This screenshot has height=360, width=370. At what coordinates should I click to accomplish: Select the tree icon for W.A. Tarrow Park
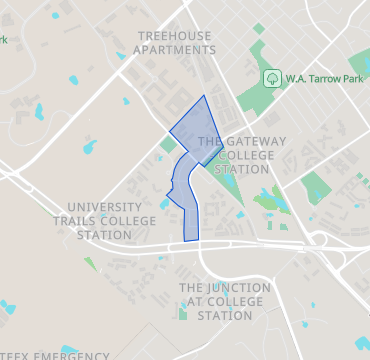pyautogui.click(x=271, y=77)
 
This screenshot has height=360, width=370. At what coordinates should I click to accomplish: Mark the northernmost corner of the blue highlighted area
pyautogui.click(x=205, y=96)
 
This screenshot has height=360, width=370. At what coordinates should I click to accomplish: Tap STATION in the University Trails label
pyautogui.click(x=103, y=235)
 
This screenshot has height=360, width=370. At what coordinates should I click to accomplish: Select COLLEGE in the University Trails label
pyautogui.click(x=132, y=221)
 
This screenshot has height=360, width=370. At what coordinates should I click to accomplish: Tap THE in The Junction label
pyautogui.click(x=191, y=288)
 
